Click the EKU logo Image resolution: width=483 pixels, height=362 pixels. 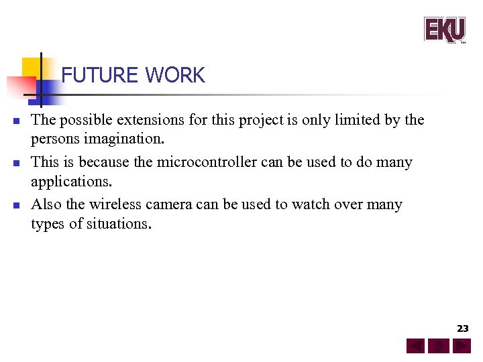click(x=444, y=29)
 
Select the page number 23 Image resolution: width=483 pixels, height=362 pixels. click(x=463, y=328)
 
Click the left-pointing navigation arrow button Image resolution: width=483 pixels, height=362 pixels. click(x=415, y=347)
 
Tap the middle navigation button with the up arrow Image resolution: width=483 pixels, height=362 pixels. click(x=439, y=347)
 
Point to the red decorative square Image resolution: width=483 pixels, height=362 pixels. click(x=20, y=87)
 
